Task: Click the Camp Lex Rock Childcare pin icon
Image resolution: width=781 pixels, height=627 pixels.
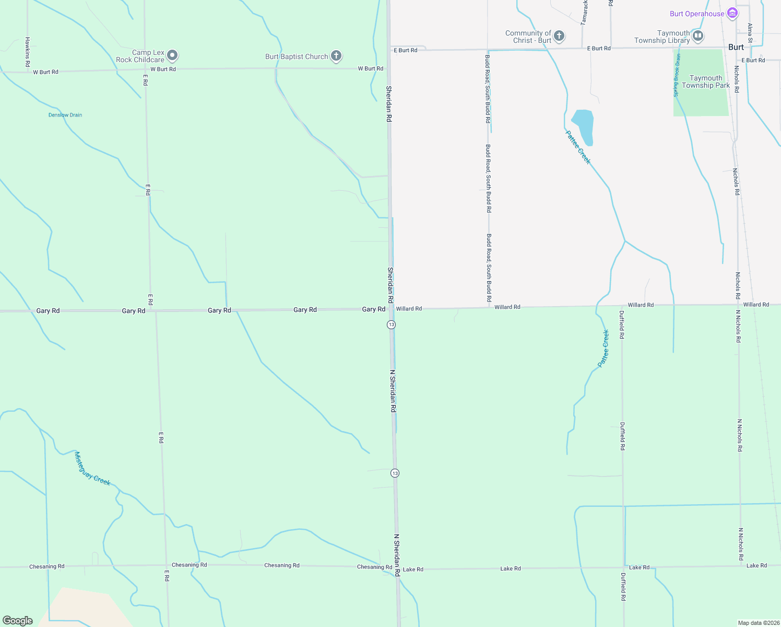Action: tap(172, 55)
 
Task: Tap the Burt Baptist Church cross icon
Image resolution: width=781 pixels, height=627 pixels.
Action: tap(336, 55)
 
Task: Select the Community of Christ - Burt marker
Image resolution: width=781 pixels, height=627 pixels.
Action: tap(559, 36)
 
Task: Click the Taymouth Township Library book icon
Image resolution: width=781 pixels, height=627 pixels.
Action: tap(698, 36)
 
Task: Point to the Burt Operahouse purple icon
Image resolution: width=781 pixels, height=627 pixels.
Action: tap(732, 13)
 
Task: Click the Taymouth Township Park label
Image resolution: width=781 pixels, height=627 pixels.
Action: tap(706, 82)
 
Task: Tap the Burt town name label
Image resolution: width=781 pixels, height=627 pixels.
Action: tap(736, 47)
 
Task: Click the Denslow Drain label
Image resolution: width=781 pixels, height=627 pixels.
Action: tap(65, 115)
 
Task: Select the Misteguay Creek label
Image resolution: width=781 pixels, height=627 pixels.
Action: tap(92, 469)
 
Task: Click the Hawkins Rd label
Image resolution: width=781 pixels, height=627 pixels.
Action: tap(28, 52)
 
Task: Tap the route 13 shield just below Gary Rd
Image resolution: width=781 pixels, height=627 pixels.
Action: tap(391, 324)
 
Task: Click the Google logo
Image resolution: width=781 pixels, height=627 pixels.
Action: tap(18, 621)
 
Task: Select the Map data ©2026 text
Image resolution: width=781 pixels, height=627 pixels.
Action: tap(758, 623)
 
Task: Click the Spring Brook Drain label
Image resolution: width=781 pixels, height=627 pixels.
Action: tap(677, 75)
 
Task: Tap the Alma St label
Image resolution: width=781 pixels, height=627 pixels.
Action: tap(750, 32)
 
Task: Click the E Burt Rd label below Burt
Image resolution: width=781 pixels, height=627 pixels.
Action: tap(753, 60)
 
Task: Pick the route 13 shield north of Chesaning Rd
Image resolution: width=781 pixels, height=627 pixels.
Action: tap(395, 473)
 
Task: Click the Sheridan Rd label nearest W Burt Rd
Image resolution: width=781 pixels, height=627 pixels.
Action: tap(389, 103)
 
